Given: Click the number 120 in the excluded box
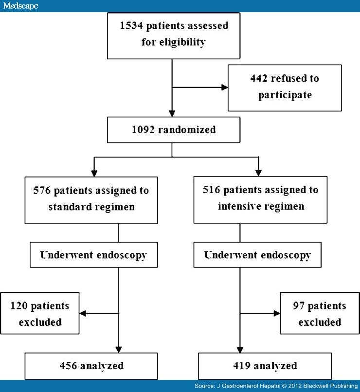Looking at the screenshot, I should pos(22,306).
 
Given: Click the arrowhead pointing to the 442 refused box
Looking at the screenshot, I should pos(225,88).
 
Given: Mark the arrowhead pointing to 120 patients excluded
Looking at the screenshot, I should pos(83,314).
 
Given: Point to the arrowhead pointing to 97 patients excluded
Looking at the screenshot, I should pos(276,314).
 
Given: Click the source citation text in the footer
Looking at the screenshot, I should pos(274,386).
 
